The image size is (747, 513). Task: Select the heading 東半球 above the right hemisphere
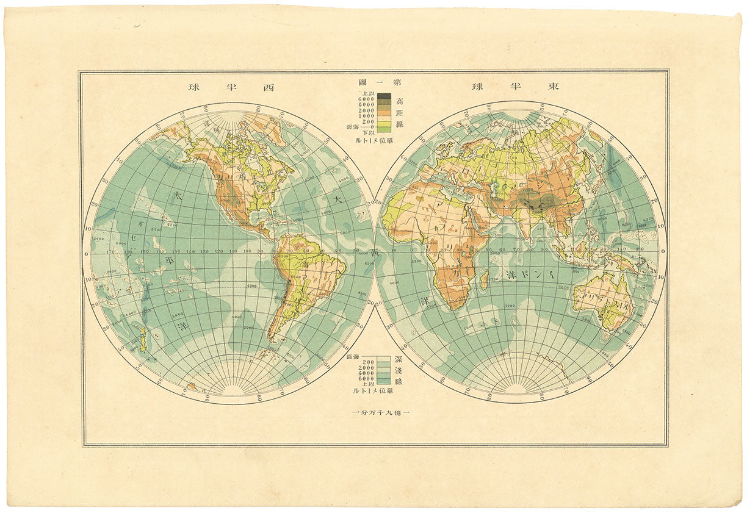[516, 87]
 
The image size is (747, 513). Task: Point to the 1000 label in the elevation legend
[366, 115]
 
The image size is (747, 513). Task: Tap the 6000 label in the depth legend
[366, 378]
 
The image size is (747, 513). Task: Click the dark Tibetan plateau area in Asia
[536, 199]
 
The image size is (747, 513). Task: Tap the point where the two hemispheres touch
[374, 252]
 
